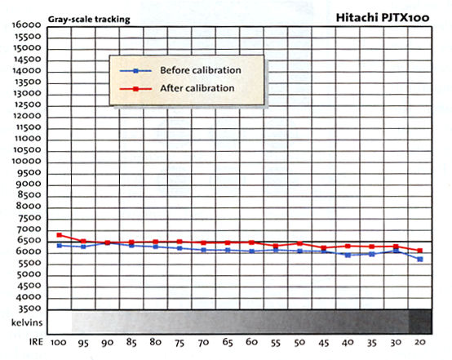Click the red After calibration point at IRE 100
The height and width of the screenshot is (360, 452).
tap(60, 235)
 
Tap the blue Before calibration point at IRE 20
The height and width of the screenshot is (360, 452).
tap(420, 260)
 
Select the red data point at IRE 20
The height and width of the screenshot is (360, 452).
tap(420, 251)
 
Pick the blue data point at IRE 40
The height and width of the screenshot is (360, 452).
tap(348, 255)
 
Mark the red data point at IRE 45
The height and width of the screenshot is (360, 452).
tap(324, 248)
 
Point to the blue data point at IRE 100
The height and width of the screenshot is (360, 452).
tap(60, 246)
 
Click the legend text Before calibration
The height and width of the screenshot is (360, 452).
tap(201, 70)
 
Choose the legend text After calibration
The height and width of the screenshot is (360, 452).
tap(197, 88)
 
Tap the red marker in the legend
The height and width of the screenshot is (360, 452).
tap(135, 89)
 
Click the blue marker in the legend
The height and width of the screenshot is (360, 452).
tap(135, 71)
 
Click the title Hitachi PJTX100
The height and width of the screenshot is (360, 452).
tap(383, 18)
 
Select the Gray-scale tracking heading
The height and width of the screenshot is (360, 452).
tap(89, 20)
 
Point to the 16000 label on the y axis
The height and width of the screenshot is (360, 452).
tap(27, 24)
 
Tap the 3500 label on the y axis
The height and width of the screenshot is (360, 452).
tap(29, 309)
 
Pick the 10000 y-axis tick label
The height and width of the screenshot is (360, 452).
tap(27, 161)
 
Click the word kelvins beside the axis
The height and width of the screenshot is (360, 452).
tap(27, 322)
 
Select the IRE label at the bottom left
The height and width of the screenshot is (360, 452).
tap(36, 342)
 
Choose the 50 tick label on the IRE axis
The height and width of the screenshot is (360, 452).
tap(299, 342)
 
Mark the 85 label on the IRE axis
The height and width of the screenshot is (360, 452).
tap(131, 342)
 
